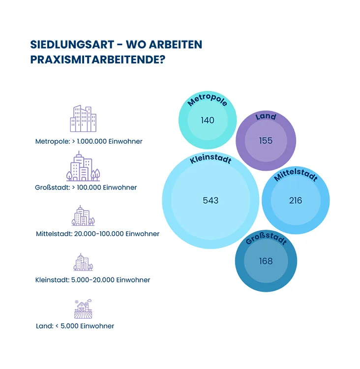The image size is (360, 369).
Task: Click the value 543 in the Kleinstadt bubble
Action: [210, 200]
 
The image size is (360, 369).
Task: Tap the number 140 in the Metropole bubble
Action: [208, 120]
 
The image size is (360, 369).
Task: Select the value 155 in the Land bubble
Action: [266, 141]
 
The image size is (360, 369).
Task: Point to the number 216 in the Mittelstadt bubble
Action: [296, 200]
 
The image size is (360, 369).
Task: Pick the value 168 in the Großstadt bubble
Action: [266, 261]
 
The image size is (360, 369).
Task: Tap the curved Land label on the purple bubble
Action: [266, 117]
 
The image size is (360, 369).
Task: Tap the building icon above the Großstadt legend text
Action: [83, 166]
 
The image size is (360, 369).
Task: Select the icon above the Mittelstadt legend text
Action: [83, 215]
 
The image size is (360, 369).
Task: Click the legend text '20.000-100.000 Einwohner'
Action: [117, 234]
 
